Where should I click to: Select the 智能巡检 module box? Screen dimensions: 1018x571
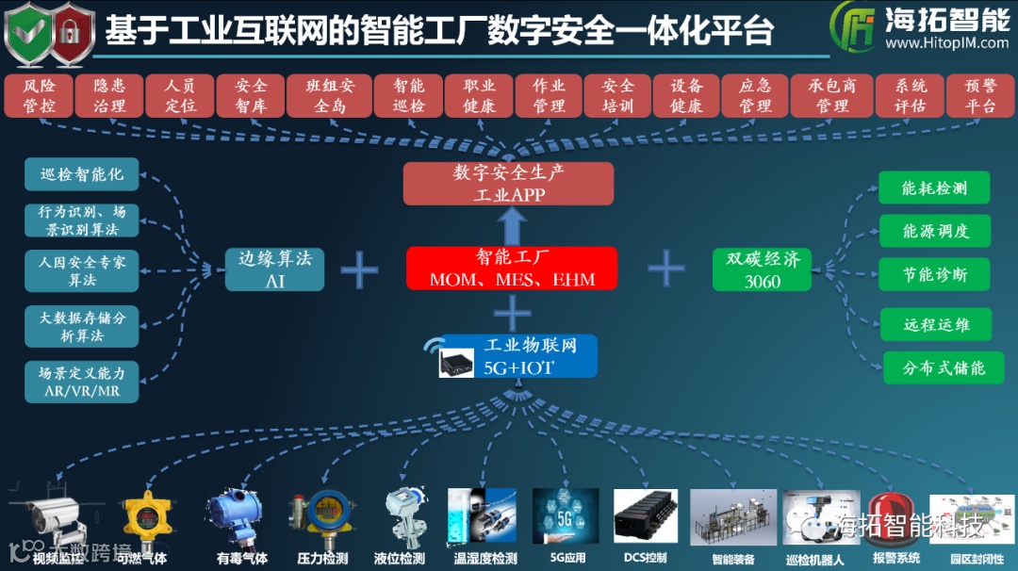411,96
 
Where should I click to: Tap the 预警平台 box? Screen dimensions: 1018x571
980,96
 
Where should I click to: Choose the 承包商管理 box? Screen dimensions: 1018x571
832,96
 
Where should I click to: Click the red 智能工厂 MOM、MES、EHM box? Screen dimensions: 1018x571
512,269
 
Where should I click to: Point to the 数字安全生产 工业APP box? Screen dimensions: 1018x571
508,184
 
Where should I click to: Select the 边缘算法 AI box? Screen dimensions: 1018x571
275,269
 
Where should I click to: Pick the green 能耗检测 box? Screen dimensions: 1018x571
934,188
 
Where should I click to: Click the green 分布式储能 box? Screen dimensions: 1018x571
944,367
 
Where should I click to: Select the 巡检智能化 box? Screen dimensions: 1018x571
82,173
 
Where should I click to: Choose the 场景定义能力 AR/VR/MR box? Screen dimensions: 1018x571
82,382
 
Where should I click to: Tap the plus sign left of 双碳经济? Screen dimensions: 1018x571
666,269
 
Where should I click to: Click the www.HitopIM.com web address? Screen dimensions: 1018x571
946,43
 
